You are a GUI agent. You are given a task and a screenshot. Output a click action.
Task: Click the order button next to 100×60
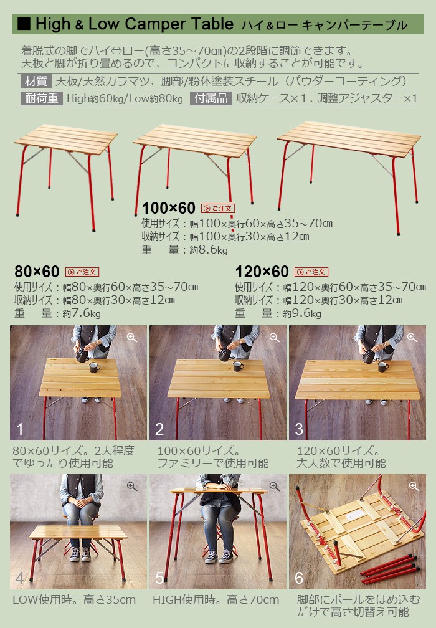click(x=218, y=208)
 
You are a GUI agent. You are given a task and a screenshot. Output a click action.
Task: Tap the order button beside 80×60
click(x=82, y=272)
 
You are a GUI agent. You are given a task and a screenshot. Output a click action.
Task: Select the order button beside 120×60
click(x=311, y=272)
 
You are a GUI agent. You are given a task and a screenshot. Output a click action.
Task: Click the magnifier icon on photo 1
click(x=131, y=338)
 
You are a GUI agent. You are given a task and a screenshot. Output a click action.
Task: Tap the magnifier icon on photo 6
click(x=414, y=487)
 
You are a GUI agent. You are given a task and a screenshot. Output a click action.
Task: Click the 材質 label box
click(x=36, y=81)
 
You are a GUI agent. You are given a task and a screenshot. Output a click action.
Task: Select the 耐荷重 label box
click(x=42, y=98)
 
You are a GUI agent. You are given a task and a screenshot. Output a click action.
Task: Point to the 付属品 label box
click(x=211, y=98)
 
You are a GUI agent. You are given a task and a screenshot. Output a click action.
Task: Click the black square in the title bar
click(x=24, y=24)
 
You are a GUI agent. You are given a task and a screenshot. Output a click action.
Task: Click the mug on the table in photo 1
click(x=95, y=367)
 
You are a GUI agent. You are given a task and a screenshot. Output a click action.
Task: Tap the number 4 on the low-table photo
click(x=19, y=578)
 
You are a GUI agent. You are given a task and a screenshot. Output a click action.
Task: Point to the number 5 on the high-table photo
click(x=159, y=578)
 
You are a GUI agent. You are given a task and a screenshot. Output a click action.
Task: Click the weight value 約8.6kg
click(x=209, y=250)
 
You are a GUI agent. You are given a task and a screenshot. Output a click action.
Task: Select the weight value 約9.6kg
click(x=302, y=313)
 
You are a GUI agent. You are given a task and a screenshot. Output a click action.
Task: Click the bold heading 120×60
click(x=262, y=272)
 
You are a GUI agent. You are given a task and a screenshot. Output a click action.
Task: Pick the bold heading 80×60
click(x=37, y=272)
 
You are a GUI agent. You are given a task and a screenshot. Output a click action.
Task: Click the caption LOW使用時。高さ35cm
click(x=75, y=600)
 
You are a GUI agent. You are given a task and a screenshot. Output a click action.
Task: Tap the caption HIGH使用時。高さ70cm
click(x=216, y=600)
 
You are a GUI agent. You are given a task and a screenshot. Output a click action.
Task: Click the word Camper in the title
click(x=156, y=24)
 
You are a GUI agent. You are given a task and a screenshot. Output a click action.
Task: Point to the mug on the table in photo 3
click(x=383, y=367)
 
